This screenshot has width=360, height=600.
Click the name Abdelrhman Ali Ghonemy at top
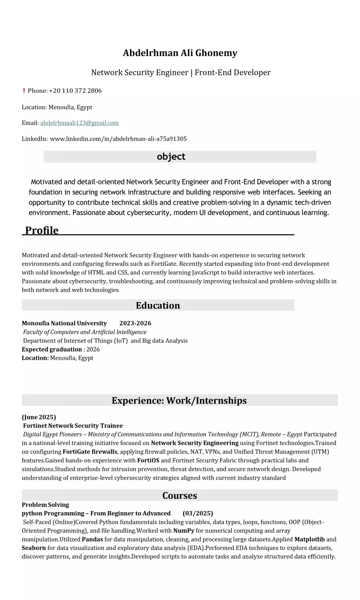pos(180,53)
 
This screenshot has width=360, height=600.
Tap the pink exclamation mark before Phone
pos(24,91)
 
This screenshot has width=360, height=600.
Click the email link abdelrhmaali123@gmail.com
pos(79,123)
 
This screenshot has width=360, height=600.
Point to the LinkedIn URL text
pos(118,139)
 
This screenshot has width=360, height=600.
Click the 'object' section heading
pos(171,157)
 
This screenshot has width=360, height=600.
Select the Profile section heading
pos(42,230)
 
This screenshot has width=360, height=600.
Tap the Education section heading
pos(158,305)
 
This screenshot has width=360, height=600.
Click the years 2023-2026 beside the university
pos(135,323)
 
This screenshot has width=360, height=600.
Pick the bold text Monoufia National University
pos(64,323)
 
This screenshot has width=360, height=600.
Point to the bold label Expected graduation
pos(52,349)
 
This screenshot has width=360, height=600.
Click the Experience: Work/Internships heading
pos(179,400)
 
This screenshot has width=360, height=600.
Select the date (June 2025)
pos(39,417)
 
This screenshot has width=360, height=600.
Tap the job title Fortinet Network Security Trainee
pos(73,426)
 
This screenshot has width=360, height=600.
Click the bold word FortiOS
pos(148,460)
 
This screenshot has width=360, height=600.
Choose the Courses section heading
pos(180,496)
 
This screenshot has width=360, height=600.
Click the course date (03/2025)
pos(198,514)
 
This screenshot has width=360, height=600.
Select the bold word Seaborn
pos(34,548)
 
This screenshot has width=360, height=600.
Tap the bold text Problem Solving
pos(45,505)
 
